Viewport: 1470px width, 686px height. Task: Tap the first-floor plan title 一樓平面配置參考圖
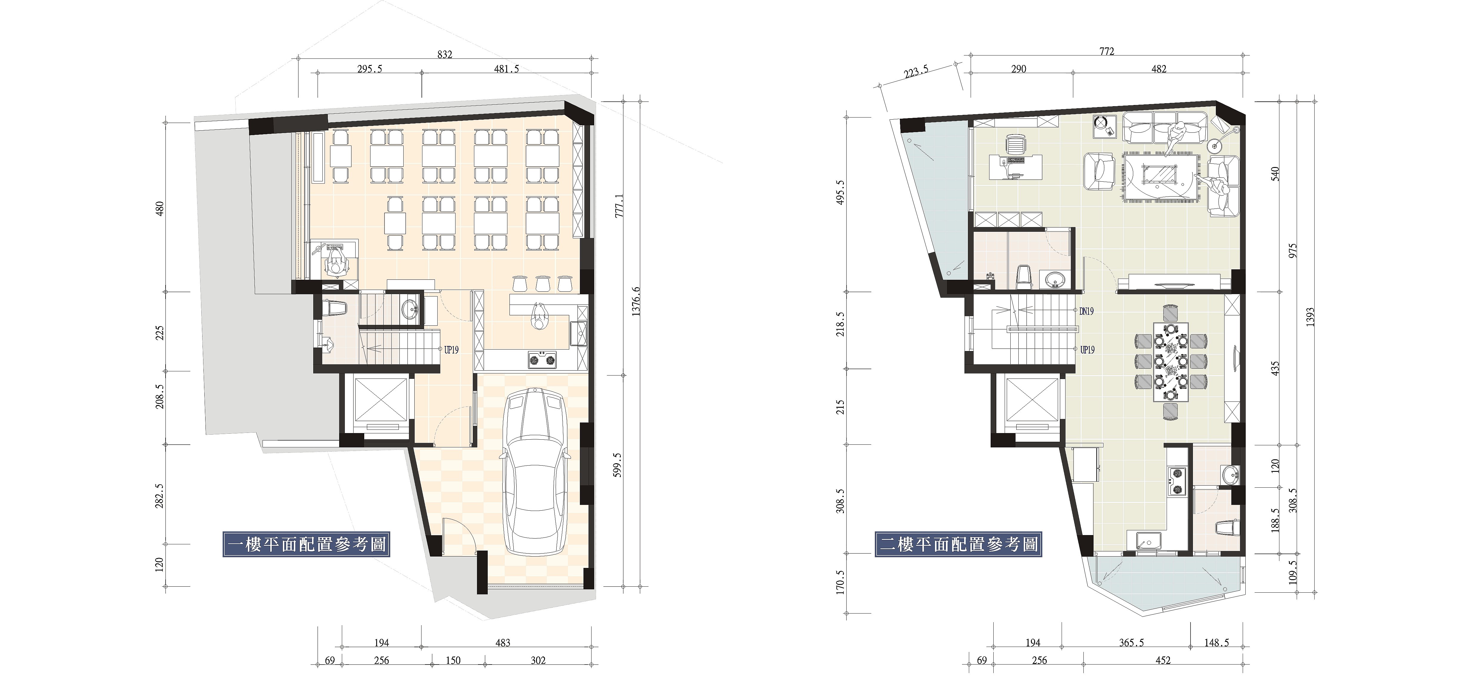307,544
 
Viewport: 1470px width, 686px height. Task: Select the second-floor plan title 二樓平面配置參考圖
959,544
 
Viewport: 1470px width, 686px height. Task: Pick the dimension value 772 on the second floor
1106,51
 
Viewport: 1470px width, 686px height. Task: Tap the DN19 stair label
1086,312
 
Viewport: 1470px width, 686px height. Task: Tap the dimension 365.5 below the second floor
1131,643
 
